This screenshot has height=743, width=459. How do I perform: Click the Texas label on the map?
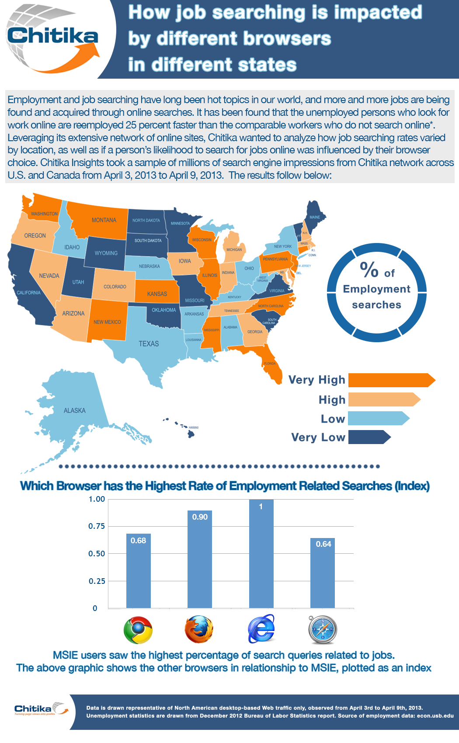pos(149,344)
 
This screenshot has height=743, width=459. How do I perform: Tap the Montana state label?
pos(104,220)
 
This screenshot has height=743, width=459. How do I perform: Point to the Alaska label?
pos(75,410)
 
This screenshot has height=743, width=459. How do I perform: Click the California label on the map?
pos(29,292)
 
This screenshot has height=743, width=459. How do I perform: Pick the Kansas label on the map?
pos(157,294)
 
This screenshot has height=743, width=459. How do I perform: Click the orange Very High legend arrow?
pos(391,380)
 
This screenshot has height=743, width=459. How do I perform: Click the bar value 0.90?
pos(200,517)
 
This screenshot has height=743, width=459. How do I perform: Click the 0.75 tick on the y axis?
pos(97,526)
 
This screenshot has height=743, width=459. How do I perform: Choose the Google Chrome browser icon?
pos(138,630)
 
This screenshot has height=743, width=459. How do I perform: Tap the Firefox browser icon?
pos(199,630)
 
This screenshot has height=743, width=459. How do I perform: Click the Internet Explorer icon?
pos(261,629)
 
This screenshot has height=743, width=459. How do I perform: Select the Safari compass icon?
pos(323,630)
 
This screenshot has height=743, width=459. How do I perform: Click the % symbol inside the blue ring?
pos(369,270)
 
